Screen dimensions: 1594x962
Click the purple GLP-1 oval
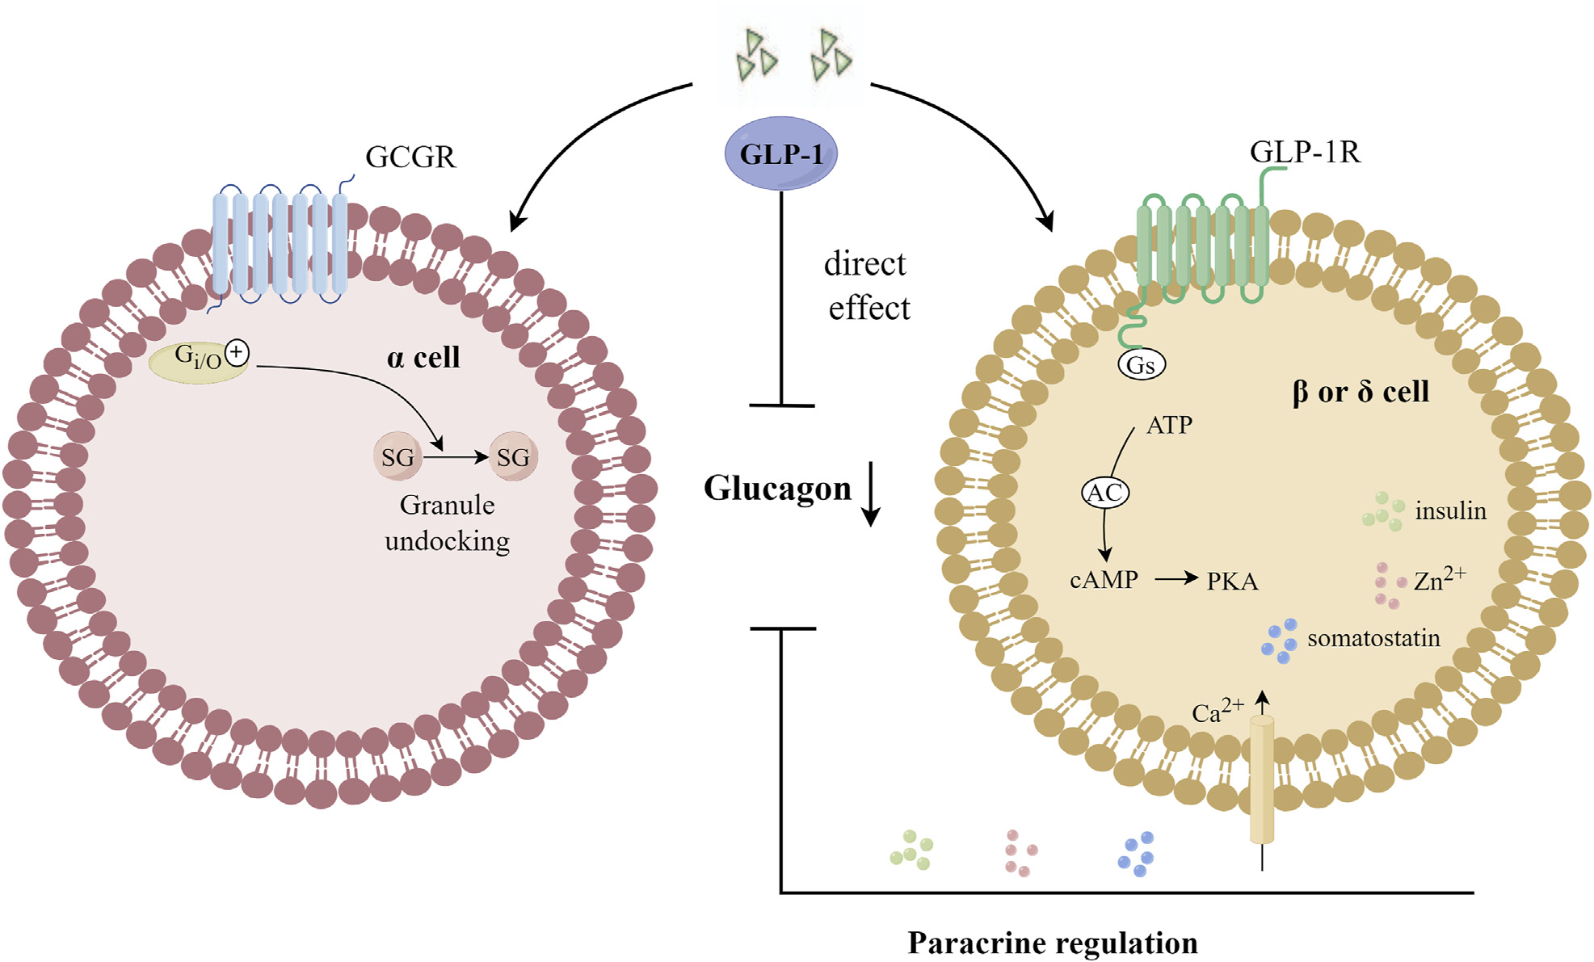[780, 153]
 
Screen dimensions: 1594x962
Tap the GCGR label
[410, 157]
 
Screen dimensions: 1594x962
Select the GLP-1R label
[1305, 152]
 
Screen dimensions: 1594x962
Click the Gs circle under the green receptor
[1141, 365]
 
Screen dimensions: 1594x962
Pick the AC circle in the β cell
[1104, 493]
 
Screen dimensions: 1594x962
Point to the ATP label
[1169, 425]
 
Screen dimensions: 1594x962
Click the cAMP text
[1104, 580]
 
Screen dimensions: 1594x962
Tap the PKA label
[1232, 582]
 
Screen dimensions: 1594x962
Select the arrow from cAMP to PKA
[1176, 578]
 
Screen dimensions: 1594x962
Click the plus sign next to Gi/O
[237, 352]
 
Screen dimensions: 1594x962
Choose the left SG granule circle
[397, 457]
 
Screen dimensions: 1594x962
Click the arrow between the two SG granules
[456, 457]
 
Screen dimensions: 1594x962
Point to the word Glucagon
[777, 488]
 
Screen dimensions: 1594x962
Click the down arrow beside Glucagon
[871, 494]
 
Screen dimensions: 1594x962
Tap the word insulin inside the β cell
[1450, 510]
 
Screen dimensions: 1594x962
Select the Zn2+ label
[1440, 578]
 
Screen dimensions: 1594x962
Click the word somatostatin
[1373, 638]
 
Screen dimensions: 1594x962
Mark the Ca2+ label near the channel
[1218, 710]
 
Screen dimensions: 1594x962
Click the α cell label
[423, 357]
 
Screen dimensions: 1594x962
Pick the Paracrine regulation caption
[1053, 943]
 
